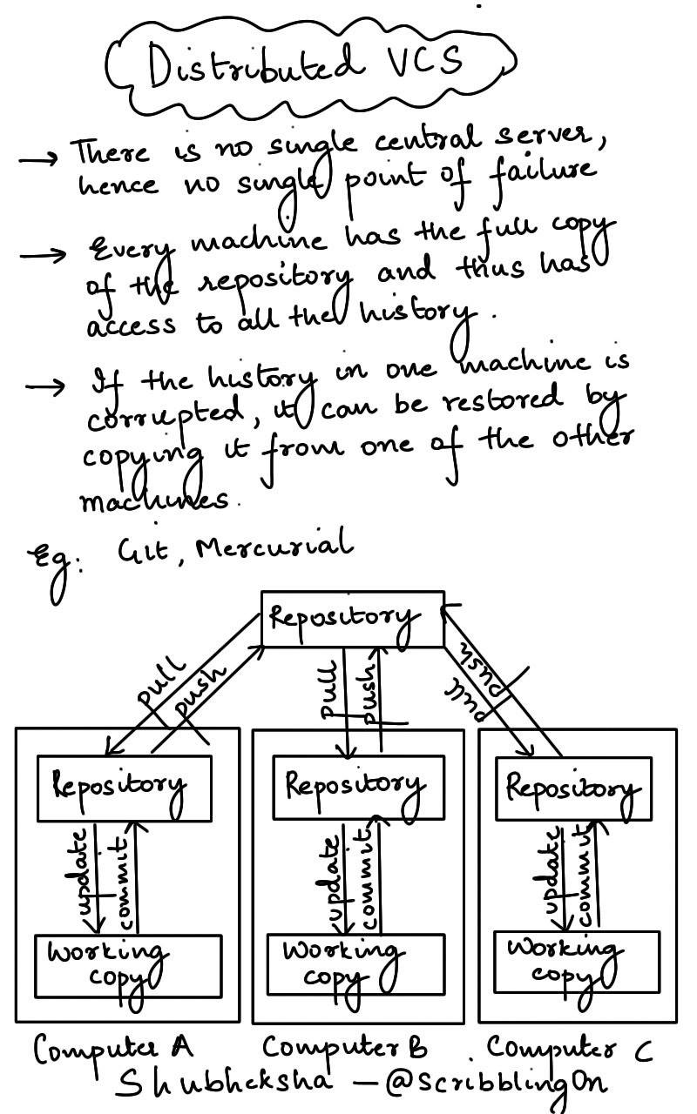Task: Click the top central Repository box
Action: (352, 619)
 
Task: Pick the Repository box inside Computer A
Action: (125, 788)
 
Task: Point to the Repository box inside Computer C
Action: (573, 788)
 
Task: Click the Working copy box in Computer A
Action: (123, 965)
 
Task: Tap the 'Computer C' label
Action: (570, 1047)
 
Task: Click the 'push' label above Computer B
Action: (369, 692)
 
